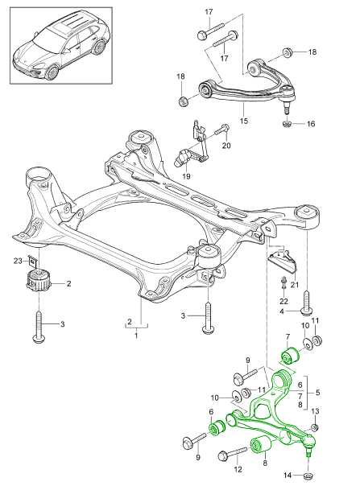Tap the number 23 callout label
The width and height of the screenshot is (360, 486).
[x=16, y=260]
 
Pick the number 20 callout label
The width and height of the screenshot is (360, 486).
[x=226, y=146]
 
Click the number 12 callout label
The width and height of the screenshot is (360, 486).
[x=238, y=467]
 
